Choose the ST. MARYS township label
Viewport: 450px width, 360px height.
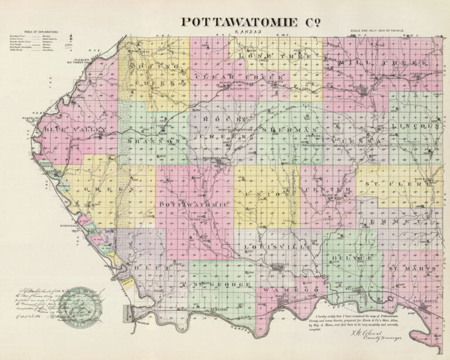point(415,268)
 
